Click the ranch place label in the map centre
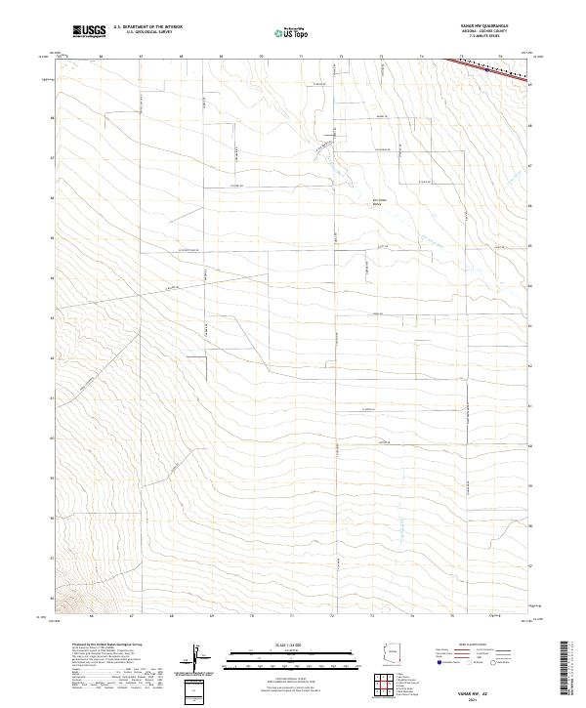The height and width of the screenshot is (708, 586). pos(349,201)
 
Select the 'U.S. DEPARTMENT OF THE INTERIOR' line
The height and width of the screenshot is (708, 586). pos(147,28)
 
